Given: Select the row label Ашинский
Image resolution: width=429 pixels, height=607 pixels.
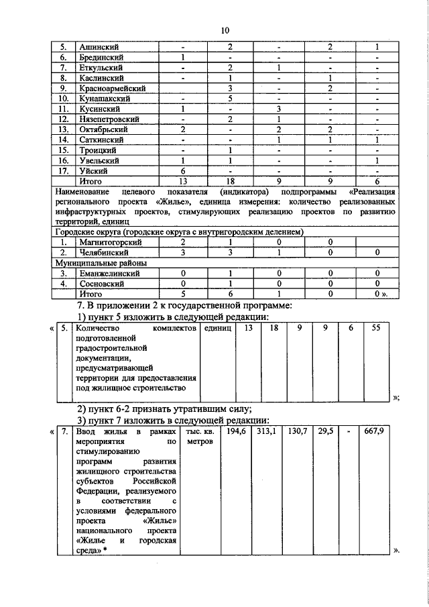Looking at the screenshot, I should [99, 47].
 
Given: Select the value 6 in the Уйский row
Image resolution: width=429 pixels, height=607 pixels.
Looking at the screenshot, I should [182, 170].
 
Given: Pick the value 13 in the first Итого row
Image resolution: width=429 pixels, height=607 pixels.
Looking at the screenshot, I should [182, 180].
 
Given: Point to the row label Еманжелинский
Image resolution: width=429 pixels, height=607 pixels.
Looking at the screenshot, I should [109, 273].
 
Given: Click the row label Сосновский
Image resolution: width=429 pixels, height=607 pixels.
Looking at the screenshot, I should [103, 283].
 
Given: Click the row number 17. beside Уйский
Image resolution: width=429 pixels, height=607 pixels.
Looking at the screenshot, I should [62, 170].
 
